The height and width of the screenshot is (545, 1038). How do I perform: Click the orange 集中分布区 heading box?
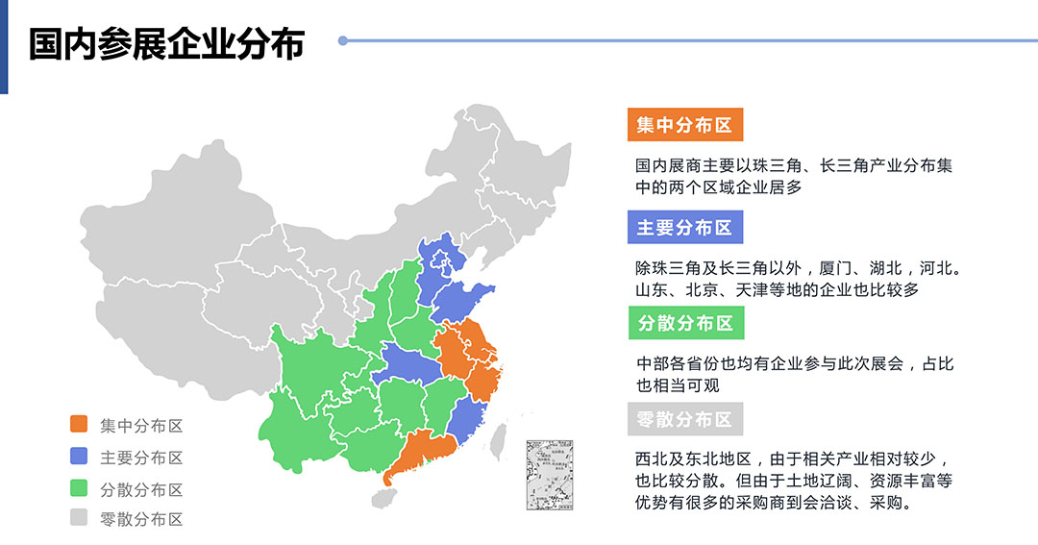[684, 125]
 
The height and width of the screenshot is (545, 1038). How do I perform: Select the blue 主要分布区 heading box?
[684, 228]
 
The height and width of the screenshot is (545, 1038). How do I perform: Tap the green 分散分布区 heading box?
[684, 323]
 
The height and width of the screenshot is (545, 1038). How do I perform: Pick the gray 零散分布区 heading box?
[684, 419]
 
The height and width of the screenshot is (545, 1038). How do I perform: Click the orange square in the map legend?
[79, 424]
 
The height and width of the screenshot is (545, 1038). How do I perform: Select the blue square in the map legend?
[79, 457]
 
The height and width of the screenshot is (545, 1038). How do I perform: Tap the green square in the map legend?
[79, 488]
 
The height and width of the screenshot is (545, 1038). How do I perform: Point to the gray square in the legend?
[79, 519]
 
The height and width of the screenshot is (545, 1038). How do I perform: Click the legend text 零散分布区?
[141, 520]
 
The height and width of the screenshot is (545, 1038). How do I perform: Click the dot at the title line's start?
[343, 40]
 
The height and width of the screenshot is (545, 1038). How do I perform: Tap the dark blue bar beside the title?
[4, 47]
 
